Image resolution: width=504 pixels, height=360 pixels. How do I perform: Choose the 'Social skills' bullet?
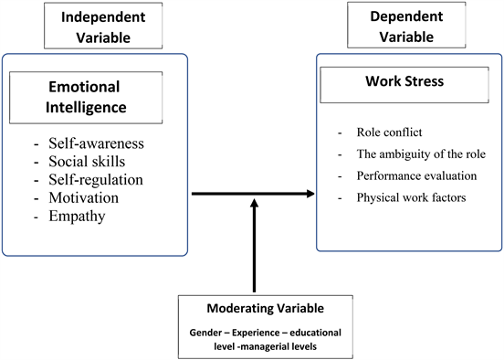point(89,163)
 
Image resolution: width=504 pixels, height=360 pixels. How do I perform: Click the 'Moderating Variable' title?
point(251,308)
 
